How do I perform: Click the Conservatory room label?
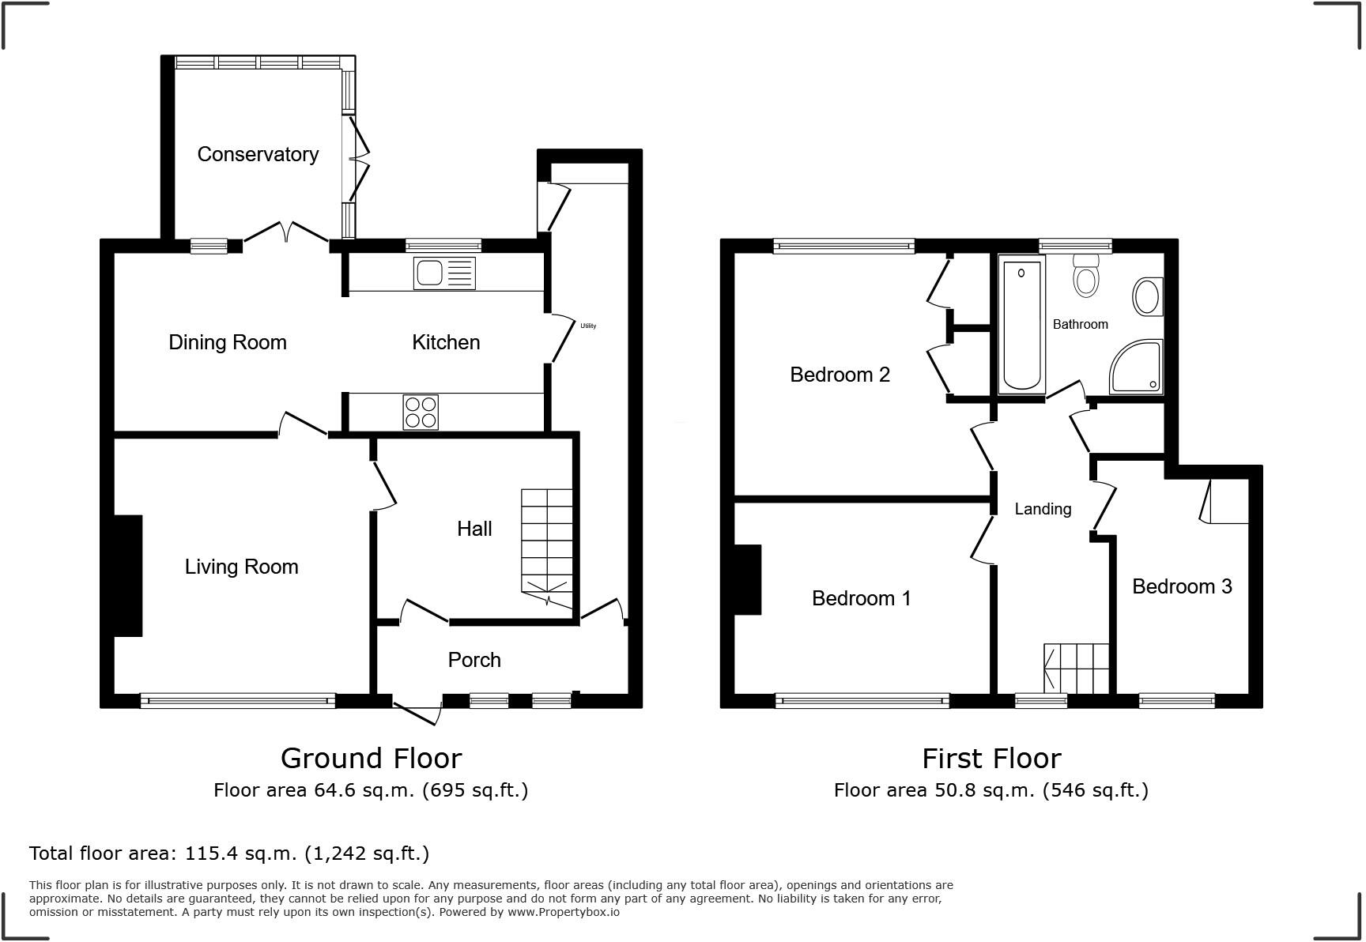pos(258,154)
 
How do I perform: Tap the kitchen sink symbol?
pos(444,273)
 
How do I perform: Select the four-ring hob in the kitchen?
pos(421,413)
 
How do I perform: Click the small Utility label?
pos(588,326)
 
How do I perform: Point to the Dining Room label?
pos(228,342)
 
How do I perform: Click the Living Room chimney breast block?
pos(127,575)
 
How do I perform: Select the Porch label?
pos(474,660)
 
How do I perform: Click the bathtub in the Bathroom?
pos(1021,326)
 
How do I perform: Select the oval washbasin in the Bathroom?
pos(1146,297)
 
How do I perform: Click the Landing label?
pos(1043,509)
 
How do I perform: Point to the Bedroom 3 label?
pos(1182,586)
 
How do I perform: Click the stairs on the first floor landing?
pos(1077,669)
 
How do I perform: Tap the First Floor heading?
pos(991,759)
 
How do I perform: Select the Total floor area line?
pos(229,853)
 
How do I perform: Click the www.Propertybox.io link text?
pos(563,912)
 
